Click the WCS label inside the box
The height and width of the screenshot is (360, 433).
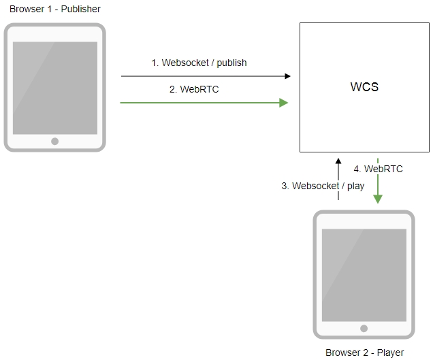(x=364, y=88)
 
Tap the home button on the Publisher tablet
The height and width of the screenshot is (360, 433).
(x=54, y=142)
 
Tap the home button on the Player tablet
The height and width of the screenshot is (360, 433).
(x=364, y=329)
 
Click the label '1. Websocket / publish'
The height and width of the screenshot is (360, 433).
(x=199, y=63)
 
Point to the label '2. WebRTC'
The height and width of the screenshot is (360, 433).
(x=194, y=89)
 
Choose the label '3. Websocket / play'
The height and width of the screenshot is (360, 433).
(x=323, y=186)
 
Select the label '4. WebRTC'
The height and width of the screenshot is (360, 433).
(x=378, y=169)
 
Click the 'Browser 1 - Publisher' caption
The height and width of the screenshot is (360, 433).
(x=54, y=9)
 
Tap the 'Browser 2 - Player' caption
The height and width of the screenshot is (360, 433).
(x=364, y=353)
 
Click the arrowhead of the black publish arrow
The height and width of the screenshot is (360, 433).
(x=287, y=76)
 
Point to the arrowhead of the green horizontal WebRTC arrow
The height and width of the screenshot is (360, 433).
(x=284, y=103)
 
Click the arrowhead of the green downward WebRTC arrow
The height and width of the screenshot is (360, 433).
(x=378, y=199)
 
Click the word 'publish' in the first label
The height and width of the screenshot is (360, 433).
(x=231, y=63)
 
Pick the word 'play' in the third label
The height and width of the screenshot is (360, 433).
(x=355, y=186)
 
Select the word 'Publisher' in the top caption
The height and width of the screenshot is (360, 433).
(x=80, y=9)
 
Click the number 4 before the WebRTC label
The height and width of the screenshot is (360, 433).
(x=357, y=169)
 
